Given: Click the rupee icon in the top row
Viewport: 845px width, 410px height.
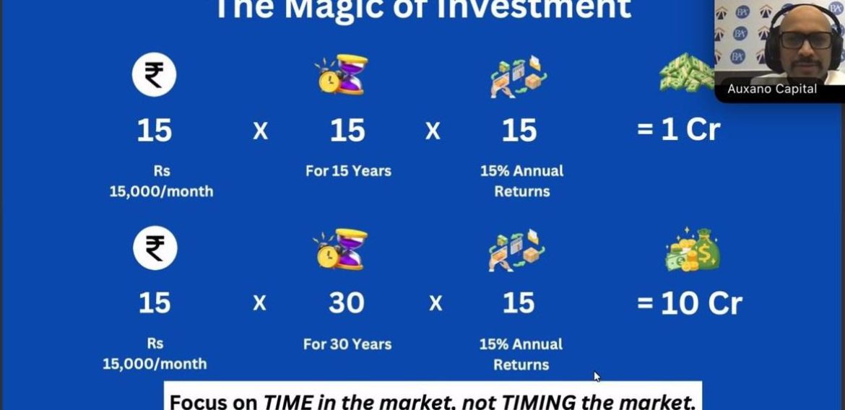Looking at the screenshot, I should pos(154,75).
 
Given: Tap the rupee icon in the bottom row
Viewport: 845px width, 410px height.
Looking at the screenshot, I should pos(155,248).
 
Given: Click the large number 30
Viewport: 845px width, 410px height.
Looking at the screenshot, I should pos(347,303).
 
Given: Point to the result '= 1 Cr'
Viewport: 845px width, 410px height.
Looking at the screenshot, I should pos(678,130).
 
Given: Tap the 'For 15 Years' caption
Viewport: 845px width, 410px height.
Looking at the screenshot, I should pos(348,171).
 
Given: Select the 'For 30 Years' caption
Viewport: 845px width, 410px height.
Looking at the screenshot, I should pos(347,344).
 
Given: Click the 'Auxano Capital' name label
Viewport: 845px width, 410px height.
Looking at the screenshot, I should pos(772,89).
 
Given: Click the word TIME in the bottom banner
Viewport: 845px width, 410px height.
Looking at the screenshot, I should pos(286,401).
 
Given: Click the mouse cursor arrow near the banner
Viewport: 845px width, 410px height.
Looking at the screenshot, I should pos(597,376).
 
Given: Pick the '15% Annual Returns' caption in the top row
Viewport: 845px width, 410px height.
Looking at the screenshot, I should pos(521,181).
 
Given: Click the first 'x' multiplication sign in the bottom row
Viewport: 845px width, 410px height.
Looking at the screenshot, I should pos(259,303).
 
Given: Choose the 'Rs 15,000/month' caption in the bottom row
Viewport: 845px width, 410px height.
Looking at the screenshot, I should pos(155,354).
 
